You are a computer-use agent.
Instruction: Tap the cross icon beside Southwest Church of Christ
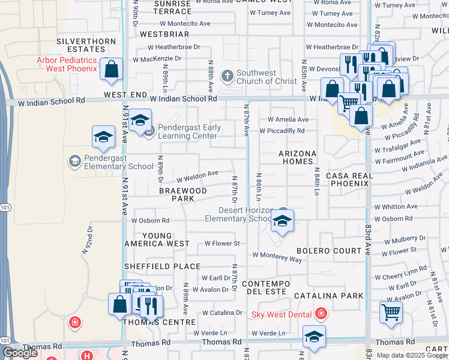coord(227,76)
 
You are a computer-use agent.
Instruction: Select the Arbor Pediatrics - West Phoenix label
coord(66,64)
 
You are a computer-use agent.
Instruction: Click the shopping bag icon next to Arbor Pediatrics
coord(112,70)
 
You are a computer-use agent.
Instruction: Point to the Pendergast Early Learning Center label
coord(189,132)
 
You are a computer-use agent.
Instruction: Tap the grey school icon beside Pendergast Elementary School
coord(74,161)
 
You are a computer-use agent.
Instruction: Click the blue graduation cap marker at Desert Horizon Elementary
coord(282,221)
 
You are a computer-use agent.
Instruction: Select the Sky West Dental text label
coord(281,314)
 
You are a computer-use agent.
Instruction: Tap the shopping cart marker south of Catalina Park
coord(391,313)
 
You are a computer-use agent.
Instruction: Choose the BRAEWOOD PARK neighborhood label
coord(183,194)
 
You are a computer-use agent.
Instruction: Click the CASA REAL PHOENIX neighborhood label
coord(349,179)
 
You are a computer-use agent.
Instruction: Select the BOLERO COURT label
coord(328,250)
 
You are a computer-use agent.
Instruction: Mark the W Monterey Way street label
coord(277,260)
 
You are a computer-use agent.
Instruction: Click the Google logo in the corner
coord(20,353)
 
